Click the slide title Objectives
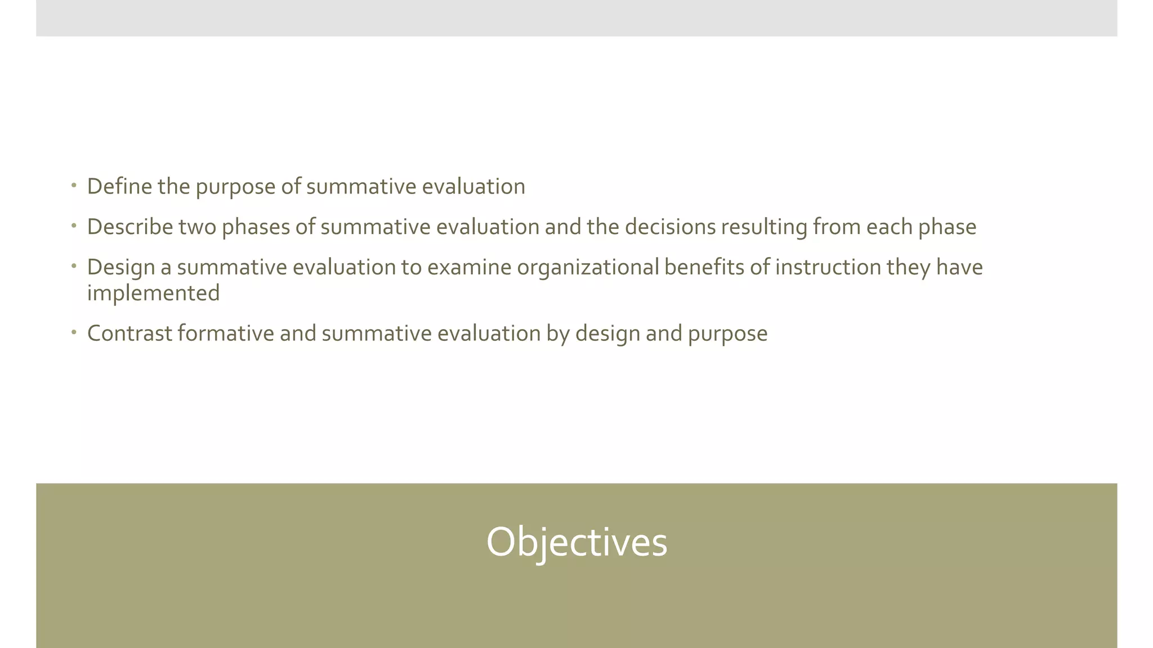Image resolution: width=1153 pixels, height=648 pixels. tap(576, 542)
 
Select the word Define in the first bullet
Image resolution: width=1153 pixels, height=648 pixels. tap(119, 187)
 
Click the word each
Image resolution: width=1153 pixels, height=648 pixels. tap(889, 227)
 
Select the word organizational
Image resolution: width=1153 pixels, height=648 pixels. tap(588, 267)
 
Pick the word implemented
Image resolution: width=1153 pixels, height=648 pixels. tap(153, 294)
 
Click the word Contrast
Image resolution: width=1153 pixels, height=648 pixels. tap(129, 334)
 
